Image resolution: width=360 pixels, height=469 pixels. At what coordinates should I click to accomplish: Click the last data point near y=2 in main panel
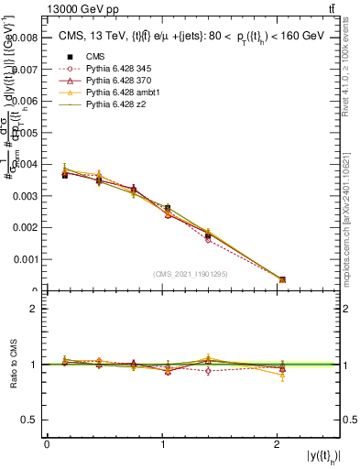[282, 279]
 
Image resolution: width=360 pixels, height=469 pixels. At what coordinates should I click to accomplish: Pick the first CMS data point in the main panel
[65, 174]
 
